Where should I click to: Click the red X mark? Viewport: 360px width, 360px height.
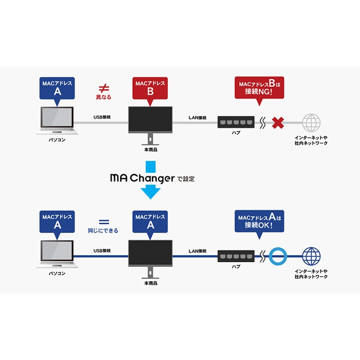[x=279, y=123]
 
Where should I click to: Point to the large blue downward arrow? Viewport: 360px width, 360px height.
[x=151, y=183]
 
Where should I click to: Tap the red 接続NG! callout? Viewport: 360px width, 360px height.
[x=260, y=88]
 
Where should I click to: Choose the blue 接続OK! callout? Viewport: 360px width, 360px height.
[x=260, y=221]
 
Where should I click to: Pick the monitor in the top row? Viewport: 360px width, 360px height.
[x=150, y=121]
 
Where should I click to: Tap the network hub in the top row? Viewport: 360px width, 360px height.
[x=236, y=122]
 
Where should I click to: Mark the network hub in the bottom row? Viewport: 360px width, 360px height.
[x=236, y=255]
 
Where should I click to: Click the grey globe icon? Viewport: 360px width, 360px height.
[x=311, y=123]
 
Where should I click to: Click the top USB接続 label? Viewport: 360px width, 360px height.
[x=101, y=118]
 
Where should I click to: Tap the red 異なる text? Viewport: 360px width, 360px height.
[x=103, y=97]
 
